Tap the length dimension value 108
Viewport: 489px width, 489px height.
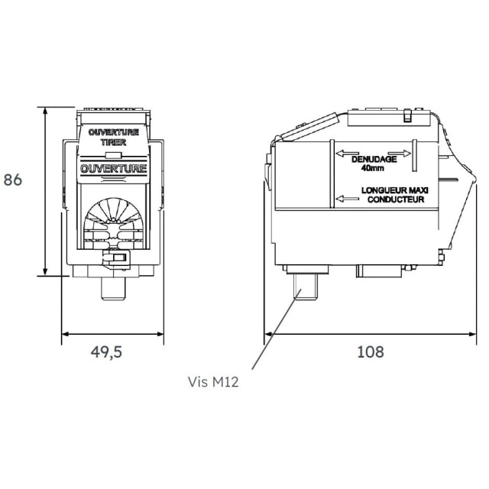pos(370,352)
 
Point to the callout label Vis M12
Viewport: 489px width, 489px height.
pos(213,381)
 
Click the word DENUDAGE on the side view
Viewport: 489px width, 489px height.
pos(373,160)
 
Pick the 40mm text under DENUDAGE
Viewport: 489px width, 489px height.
pos(373,169)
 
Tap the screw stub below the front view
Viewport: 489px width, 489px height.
pos(114,287)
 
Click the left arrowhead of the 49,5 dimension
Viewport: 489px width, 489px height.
pos(65,334)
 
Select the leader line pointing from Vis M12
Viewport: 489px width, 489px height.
pos(271,336)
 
